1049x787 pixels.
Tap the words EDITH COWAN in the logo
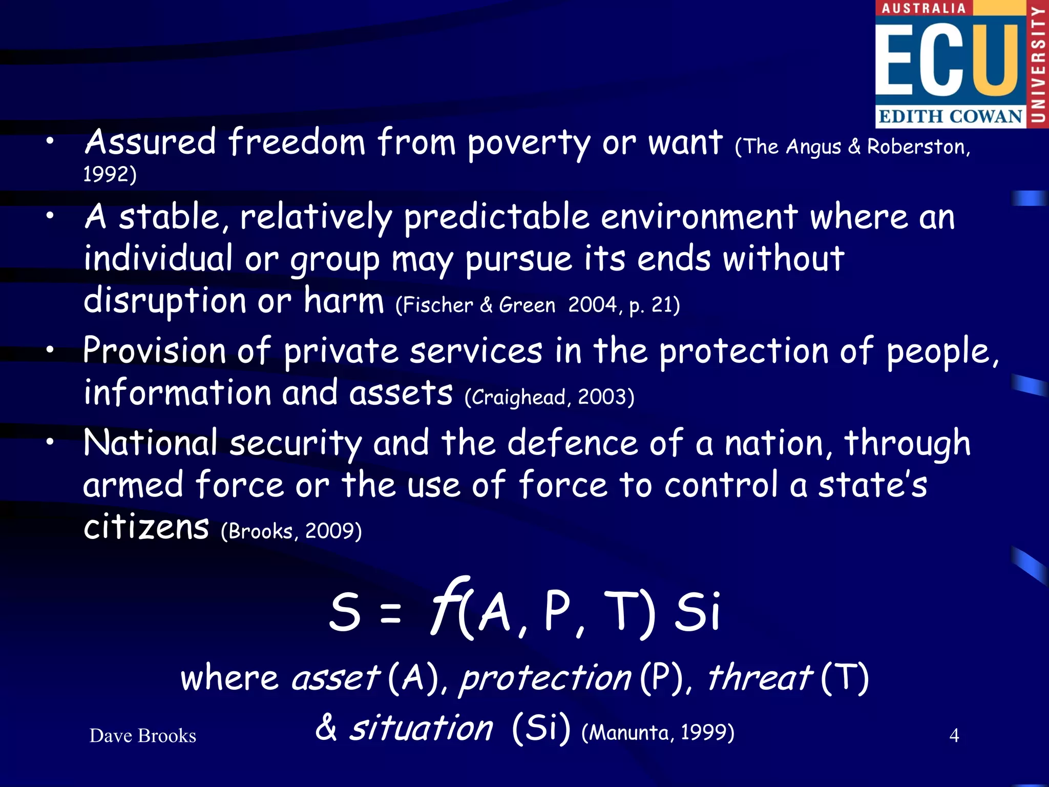pyautogui.click(x=950, y=116)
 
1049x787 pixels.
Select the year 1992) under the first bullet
pyautogui.click(x=110, y=174)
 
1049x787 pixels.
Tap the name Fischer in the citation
pyautogui.click(x=438, y=305)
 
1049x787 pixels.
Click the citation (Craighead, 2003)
pyautogui.click(x=550, y=397)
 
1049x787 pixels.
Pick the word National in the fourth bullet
pyautogui.click(x=151, y=443)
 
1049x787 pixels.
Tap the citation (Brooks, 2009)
pyautogui.click(x=291, y=531)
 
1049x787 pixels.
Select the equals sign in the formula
pyautogui.click(x=391, y=613)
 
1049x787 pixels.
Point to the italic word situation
pyautogui.click(x=421, y=728)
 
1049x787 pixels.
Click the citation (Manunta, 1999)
pyautogui.click(x=658, y=732)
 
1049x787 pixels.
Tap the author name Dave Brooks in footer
pyautogui.click(x=142, y=736)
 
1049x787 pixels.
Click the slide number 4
pyautogui.click(x=954, y=736)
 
